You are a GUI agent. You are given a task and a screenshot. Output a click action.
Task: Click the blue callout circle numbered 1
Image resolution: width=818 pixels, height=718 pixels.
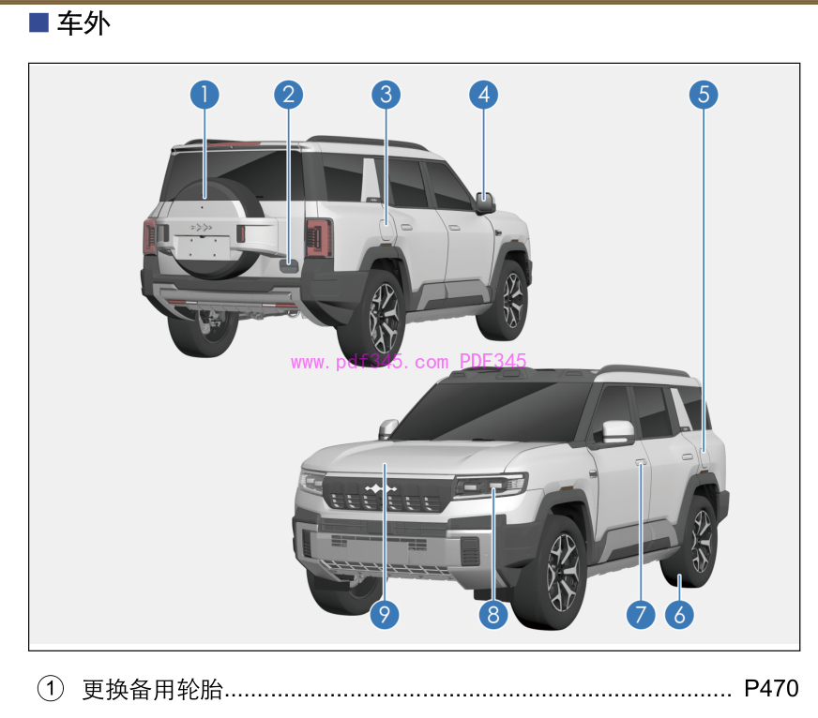click(x=204, y=95)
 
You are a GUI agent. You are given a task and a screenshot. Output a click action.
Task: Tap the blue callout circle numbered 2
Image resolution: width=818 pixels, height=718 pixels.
click(x=289, y=95)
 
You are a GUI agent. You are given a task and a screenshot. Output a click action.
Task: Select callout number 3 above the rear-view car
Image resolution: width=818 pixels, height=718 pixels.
click(x=386, y=95)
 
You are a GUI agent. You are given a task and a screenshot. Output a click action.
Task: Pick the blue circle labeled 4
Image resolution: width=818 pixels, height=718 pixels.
click(x=484, y=95)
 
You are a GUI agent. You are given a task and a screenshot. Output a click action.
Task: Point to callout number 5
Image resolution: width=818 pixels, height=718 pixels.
click(x=704, y=95)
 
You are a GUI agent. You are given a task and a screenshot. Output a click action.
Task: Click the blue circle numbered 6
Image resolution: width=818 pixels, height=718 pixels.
click(x=679, y=615)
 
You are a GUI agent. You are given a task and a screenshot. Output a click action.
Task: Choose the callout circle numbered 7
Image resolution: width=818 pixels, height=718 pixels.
click(x=641, y=615)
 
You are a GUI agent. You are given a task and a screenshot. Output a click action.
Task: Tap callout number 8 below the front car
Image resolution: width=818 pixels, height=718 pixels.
click(x=493, y=615)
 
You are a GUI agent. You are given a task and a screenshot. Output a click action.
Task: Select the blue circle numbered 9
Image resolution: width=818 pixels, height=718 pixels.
click(x=385, y=615)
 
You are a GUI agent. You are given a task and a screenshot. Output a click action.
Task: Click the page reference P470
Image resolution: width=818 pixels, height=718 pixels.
click(x=771, y=688)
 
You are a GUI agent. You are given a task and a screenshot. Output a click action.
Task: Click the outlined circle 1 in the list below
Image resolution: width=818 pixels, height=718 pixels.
click(x=51, y=688)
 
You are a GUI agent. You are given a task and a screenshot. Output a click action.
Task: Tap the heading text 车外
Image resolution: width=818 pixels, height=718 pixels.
click(x=83, y=23)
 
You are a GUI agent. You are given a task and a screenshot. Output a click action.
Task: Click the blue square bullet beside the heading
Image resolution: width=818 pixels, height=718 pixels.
click(x=38, y=22)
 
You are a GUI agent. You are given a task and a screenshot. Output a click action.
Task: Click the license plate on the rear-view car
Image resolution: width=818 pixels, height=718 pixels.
click(x=203, y=247)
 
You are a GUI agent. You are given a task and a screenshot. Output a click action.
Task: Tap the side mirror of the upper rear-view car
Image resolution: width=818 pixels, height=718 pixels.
click(x=485, y=202)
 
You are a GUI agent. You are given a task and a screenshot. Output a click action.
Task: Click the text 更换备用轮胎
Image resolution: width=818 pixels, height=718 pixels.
click(x=152, y=689)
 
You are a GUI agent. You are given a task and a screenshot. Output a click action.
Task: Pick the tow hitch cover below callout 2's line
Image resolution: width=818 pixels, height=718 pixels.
click(x=289, y=265)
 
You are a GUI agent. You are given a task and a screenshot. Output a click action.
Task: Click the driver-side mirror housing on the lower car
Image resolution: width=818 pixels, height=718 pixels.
click(x=618, y=431)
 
